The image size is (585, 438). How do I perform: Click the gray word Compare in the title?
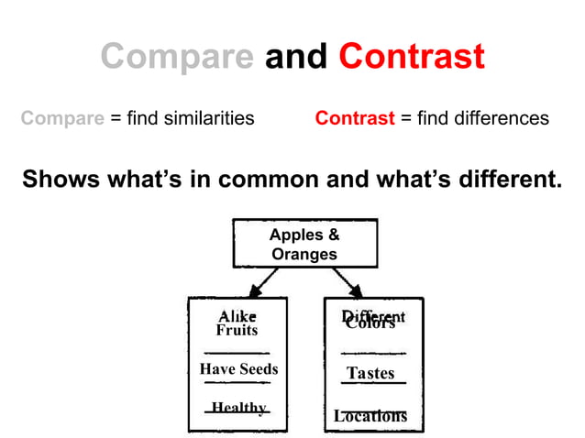[178, 57]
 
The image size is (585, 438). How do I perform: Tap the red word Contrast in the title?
[412, 57]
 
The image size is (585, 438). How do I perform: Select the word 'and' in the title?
[296, 57]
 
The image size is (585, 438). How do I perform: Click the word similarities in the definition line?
[210, 118]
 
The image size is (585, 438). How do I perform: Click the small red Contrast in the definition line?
[355, 118]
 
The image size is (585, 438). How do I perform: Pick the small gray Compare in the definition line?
[61, 118]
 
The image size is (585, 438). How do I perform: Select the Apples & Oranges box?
[304, 244]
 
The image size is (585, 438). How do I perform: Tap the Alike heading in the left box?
[237, 316]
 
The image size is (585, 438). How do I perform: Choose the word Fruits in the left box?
[237, 330]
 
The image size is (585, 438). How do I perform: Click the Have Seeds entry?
[238, 368]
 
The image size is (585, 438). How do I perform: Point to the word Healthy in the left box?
[238, 408]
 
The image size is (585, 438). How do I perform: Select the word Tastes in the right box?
[370, 373]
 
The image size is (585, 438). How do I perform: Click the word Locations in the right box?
[370, 416]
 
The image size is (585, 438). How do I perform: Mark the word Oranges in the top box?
[304, 254]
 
